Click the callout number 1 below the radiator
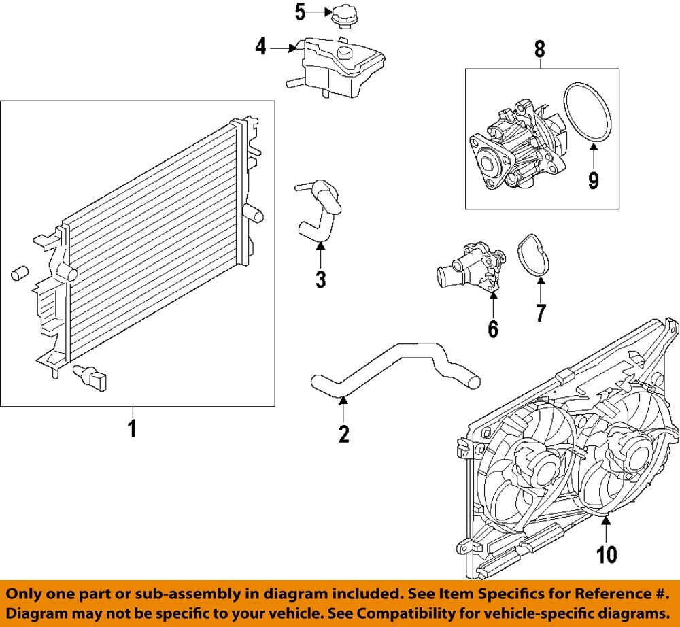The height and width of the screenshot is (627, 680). [x=133, y=429]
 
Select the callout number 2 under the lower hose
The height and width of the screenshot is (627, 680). [x=344, y=433]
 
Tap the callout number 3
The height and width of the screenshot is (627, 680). [x=320, y=279]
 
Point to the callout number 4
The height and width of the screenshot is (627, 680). [x=261, y=48]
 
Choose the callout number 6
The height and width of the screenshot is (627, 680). [x=492, y=329]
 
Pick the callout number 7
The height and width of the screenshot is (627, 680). [x=540, y=313]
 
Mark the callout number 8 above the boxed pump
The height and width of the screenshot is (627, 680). [x=540, y=49]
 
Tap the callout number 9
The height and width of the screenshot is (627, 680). [x=593, y=180]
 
